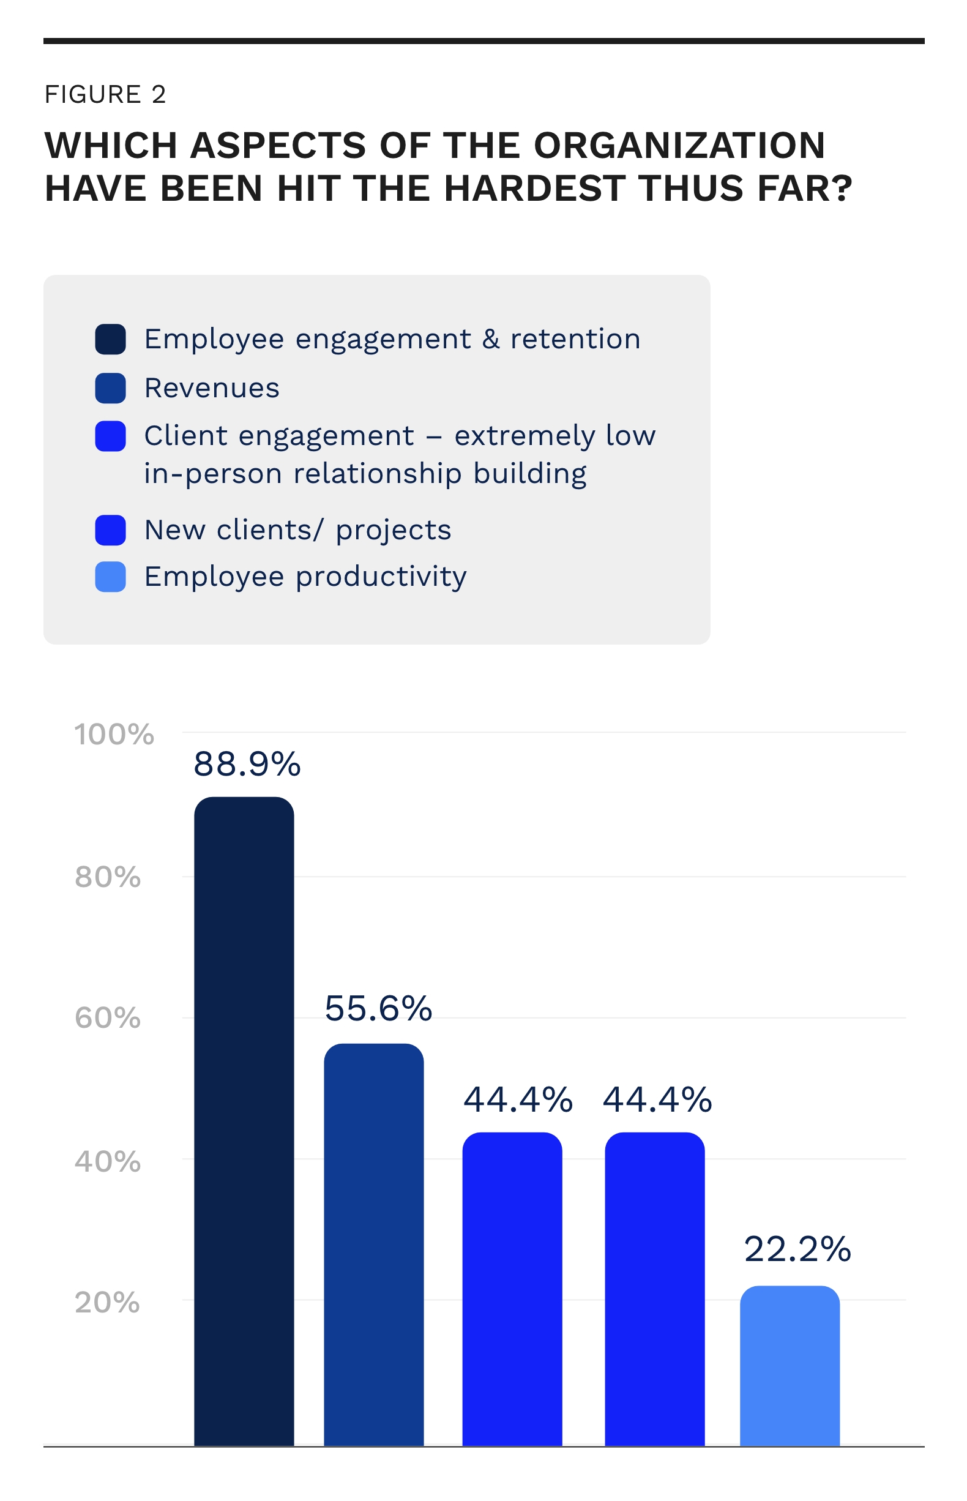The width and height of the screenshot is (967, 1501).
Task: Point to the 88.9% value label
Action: tap(247, 765)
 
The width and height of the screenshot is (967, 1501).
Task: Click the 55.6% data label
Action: tap(378, 1009)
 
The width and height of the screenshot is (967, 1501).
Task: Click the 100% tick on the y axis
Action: tap(114, 734)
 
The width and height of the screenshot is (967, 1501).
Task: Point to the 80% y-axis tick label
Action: tap(107, 877)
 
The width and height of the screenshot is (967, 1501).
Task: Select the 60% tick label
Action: tap(107, 1018)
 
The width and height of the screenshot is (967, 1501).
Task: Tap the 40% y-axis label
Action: tap(107, 1162)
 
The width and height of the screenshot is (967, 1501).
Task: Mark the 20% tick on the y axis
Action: tap(107, 1303)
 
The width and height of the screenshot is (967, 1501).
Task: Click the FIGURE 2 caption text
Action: tap(105, 94)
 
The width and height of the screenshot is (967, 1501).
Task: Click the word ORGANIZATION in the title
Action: tap(679, 146)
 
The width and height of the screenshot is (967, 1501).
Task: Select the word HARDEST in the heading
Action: tap(534, 189)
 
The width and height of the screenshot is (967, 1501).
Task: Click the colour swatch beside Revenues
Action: tap(111, 388)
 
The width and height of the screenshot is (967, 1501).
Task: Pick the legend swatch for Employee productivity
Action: tap(111, 577)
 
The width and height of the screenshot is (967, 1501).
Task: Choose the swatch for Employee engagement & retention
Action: tap(111, 339)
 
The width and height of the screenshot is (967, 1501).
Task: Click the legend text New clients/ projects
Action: tap(297, 530)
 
